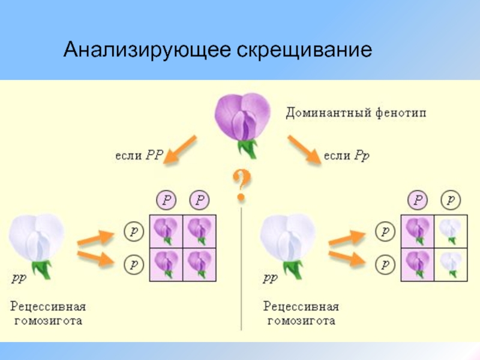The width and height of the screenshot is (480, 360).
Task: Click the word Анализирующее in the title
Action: [x=147, y=49]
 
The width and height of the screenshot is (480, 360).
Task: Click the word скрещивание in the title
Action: [x=304, y=50]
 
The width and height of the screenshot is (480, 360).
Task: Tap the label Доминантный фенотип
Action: [x=356, y=113]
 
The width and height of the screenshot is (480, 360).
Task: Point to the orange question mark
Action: [x=242, y=185]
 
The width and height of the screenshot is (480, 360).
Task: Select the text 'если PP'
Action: [x=139, y=155]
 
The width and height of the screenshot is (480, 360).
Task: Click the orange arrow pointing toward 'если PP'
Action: [x=180, y=149]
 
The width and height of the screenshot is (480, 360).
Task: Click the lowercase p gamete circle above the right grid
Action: [x=451, y=200]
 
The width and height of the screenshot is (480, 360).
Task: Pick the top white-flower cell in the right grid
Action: [x=451, y=232]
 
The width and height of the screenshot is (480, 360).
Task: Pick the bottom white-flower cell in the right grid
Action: [x=451, y=265]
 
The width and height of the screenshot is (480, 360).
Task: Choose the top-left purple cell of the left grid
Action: [x=166, y=232]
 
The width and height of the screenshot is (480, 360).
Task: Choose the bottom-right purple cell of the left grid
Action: [x=200, y=265]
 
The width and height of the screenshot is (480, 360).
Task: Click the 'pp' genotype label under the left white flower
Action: [x=19, y=278]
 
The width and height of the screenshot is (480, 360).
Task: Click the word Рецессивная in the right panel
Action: [x=301, y=307]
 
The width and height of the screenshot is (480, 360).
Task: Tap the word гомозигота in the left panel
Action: [x=49, y=321]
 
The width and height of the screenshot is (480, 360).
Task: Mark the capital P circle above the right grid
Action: [x=418, y=200]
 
